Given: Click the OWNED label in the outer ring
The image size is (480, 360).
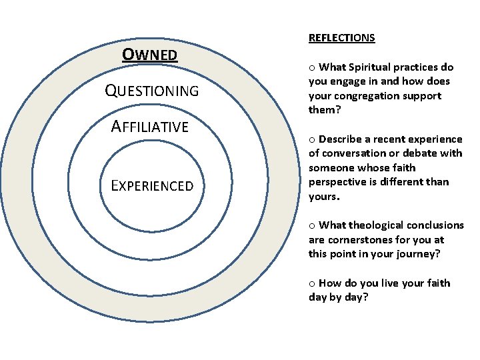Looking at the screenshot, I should pos(150,54).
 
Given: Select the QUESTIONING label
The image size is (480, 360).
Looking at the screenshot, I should pos(152,91).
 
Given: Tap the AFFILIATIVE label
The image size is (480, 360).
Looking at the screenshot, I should pos(150,127).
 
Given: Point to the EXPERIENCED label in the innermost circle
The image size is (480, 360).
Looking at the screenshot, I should pos(152,186).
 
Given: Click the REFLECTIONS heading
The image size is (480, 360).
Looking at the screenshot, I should pos(341,38).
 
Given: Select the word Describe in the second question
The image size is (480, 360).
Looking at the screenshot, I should pos(341,139).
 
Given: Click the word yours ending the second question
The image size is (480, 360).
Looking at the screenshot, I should pos(323,197).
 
